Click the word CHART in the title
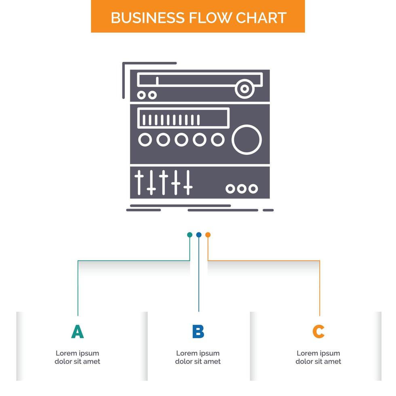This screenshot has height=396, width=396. coord(262,18)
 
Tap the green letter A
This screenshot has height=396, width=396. coord(78,331)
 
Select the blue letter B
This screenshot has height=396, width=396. coord(198,331)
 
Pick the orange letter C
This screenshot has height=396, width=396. coord(318,331)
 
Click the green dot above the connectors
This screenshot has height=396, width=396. coord(190,235)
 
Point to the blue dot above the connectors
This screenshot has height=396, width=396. coord(199,235)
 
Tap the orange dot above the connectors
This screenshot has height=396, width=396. coord(208,235)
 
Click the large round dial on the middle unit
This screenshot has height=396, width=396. coord(246,140)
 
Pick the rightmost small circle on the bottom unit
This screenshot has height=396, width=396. coord(253,189)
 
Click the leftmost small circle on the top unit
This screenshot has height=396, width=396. coord(141,95)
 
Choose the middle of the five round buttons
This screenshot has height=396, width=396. coord(181,140)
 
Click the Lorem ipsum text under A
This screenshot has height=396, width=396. coord(78,357)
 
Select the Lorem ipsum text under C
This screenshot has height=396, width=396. coord(318,357)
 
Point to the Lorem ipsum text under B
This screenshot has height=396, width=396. coord(198,357)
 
